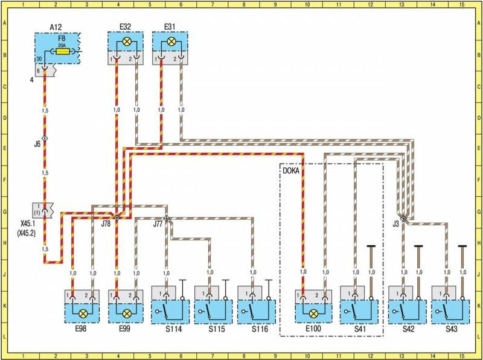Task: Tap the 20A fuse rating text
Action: [60, 45]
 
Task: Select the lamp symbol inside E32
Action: [126, 42]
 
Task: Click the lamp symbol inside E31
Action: [170, 42]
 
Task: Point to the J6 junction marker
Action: [45, 138]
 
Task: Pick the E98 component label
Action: [82, 331]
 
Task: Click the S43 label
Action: [450, 331]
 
